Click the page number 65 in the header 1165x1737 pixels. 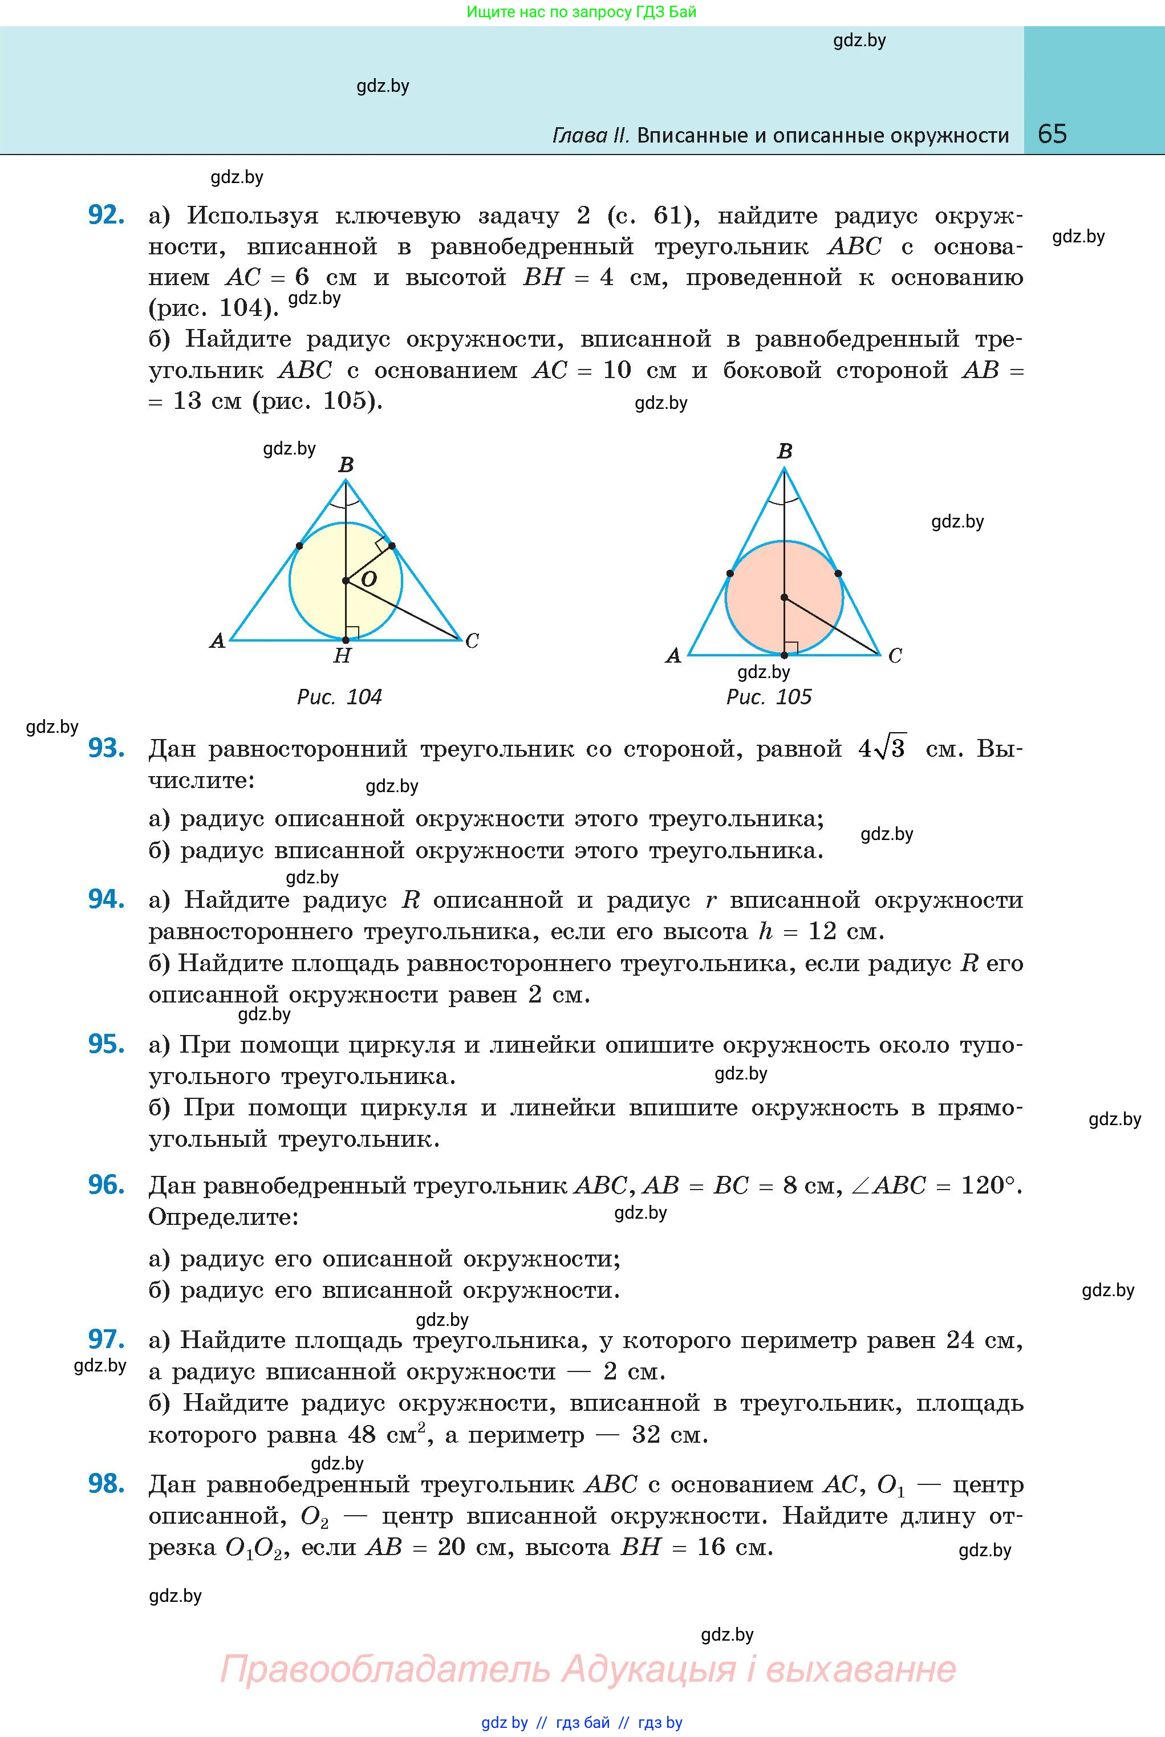(1052, 134)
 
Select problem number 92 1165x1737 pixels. (105, 215)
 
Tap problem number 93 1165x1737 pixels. (105, 748)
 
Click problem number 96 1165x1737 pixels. (105, 1185)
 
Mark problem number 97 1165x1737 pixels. (105, 1339)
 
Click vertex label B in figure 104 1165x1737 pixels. (346, 465)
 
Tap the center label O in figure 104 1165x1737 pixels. (368, 579)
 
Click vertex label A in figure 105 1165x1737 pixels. (673, 656)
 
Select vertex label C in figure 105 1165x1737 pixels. (895, 656)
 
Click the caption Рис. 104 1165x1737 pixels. (339, 697)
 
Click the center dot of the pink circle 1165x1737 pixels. (784, 597)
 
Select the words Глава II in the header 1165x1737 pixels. (591, 135)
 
